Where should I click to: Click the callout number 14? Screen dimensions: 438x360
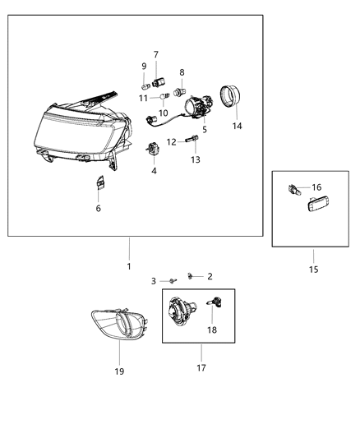237,127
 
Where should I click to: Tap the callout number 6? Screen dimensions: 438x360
98,208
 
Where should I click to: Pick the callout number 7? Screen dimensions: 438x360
156,55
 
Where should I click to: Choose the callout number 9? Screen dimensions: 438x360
144,67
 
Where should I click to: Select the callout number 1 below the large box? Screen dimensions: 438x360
129,267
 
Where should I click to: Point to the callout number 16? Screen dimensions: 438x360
316,187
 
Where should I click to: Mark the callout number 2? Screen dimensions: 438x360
210,276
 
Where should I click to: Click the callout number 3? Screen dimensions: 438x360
153,281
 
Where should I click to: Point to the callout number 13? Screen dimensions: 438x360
196,159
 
